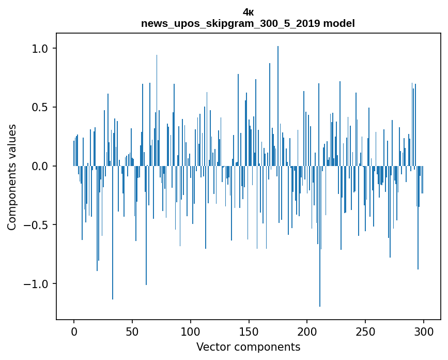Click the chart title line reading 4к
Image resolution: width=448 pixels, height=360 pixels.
[248, 12]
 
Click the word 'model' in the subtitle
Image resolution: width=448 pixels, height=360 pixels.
[339, 23]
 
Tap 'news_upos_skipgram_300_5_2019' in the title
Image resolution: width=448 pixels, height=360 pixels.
[230, 23]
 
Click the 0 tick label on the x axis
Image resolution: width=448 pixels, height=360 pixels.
[74, 331]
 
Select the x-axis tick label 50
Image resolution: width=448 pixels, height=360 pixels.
[132, 331]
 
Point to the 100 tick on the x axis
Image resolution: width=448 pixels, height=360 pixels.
[191, 331]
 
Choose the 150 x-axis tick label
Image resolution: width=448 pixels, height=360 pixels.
[249, 331]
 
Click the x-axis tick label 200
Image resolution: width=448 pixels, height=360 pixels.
[307, 331]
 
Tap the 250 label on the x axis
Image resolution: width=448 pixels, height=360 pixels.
[366, 331]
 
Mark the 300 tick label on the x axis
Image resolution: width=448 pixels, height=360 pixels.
[424, 331]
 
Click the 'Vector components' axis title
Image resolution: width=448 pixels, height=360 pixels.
[248, 347]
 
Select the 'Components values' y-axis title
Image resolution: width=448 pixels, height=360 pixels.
[12, 177]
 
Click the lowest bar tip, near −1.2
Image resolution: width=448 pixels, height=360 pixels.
[320, 306]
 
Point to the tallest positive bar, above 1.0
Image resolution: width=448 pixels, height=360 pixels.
[278, 48]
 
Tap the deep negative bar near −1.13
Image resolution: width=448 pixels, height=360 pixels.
[113, 298]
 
